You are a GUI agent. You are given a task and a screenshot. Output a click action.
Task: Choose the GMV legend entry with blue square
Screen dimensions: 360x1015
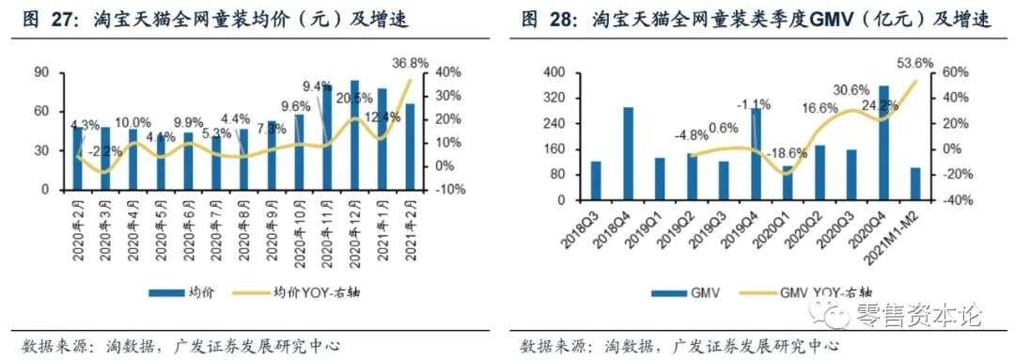pyautogui.click(x=696, y=293)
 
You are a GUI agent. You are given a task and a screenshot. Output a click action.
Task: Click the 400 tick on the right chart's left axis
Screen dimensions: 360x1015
pyautogui.click(x=555, y=72)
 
